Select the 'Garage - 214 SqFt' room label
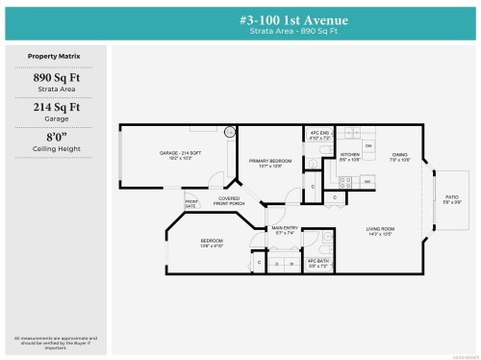pyautogui.click(x=181, y=153)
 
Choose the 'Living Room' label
pyautogui.click(x=382, y=229)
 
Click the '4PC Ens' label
pyautogui.click(x=318, y=134)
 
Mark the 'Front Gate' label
pyautogui.click(x=190, y=203)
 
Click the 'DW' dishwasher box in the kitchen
pyautogui.click(x=367, y=145)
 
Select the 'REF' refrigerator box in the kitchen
pyautogui.click(x=367, y=180)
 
